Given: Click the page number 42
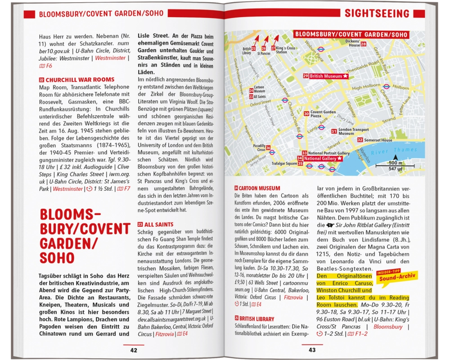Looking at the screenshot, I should (x=134, y=350).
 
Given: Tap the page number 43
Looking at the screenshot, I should (x=312, y=350).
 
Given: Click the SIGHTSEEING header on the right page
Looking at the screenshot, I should (x=377, y=13).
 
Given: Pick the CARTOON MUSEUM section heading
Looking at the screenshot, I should (x=257, y=188).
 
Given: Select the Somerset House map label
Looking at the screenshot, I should (x=378, y=140).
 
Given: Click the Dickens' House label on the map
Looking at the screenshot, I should (x=353, y=43).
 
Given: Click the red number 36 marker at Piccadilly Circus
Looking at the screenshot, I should (x=268, y=148).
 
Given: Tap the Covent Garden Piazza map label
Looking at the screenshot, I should (x=322, y=114).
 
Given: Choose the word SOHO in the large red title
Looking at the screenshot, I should (x=56, y=258).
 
